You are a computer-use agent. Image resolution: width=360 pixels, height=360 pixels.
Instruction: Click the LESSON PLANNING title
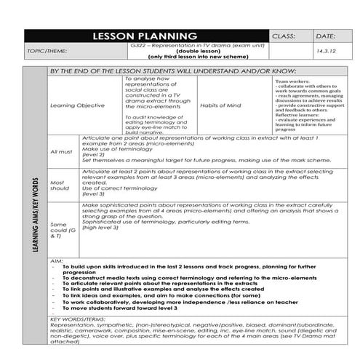[145, 36]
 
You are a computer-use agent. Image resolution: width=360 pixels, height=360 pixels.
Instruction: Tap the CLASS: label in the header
[285, 36]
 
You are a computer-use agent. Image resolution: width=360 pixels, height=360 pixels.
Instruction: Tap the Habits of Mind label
[218, 105]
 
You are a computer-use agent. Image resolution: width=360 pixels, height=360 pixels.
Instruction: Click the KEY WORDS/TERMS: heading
[80, 318]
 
